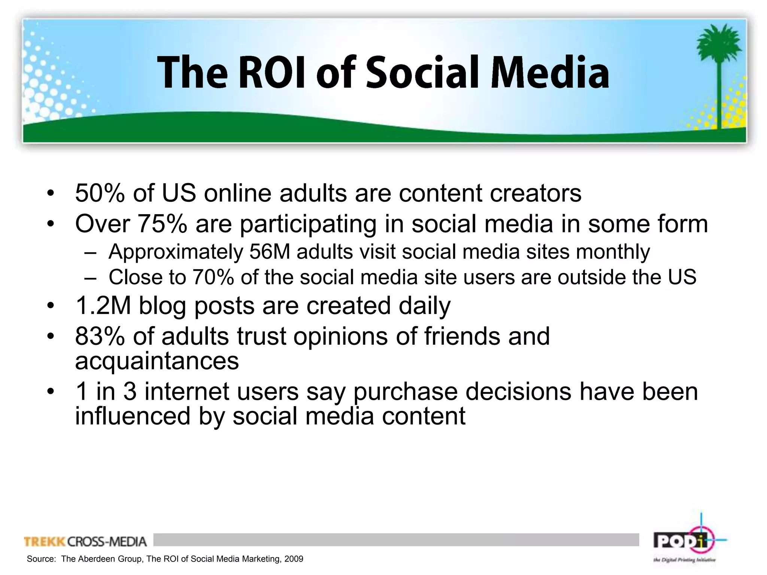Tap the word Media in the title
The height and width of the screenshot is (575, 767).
pos(549,73)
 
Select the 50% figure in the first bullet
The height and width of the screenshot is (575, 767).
pos(100,194)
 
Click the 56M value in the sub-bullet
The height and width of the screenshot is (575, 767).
pos(270,252)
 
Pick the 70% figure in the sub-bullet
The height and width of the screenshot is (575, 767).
pos(213,277)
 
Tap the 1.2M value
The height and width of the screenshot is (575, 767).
pos(103,306)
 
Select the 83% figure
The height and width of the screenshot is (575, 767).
pos(100,336)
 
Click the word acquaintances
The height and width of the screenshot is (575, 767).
pos(157,361)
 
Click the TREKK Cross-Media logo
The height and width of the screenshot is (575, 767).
pos(85,542)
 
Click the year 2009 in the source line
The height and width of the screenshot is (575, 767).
pos(294,559)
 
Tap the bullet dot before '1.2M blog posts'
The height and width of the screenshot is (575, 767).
pos(51,306)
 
